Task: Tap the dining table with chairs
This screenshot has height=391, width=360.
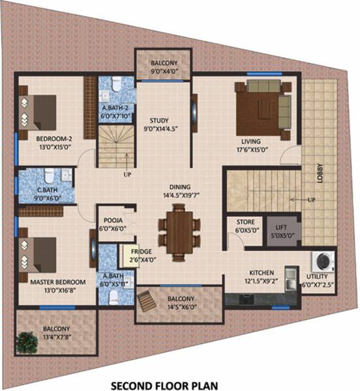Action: point(177,230)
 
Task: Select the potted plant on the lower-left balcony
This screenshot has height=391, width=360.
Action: point(28,341)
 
